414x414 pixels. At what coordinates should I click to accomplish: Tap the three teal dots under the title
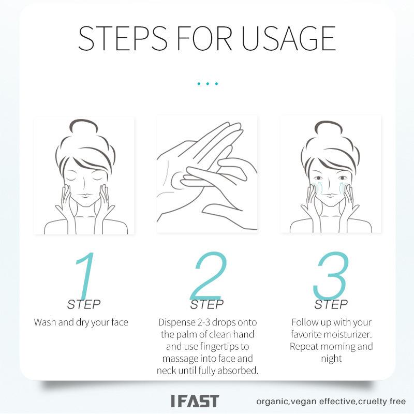(x=207, y=83)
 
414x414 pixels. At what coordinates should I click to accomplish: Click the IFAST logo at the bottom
(x=195, y=401)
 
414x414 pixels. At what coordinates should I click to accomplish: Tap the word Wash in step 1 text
(x=44, y=322)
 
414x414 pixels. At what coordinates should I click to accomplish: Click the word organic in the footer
(x=272, y=402)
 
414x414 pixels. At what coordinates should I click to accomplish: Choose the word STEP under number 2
(x=207, y=304)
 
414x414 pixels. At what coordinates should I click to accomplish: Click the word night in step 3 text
(x=331, y=359)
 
